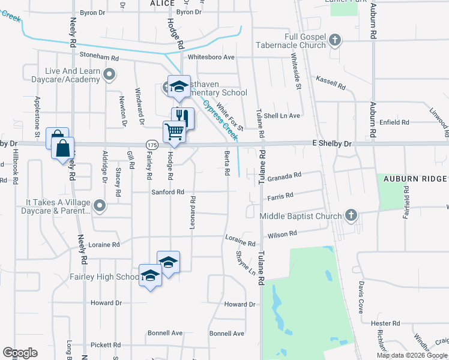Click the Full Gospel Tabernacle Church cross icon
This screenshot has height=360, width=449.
click(x=336, y=41)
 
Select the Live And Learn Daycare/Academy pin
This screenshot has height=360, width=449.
click(x=109, y=74)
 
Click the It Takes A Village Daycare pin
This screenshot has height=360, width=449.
click(x=100, y=206)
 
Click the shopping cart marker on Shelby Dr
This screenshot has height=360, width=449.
click(x=174, y=131)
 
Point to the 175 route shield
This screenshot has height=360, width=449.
click(x=151, y=145)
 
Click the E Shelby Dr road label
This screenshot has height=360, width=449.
click(x=332, y=144)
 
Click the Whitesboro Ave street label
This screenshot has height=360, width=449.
click(x=211, y=57)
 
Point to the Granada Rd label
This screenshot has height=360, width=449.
click(x=284, y=176)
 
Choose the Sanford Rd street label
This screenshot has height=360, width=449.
click(x=167, y=192)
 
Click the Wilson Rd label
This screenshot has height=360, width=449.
click(x=283, y=235)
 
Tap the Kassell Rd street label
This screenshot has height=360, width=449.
click(x=331, y=83)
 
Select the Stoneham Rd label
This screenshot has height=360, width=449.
click(x=100, y=55)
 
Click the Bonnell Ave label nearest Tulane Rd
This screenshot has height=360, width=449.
click(x=226, y=333)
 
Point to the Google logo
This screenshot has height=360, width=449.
click(x=20, y=353)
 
